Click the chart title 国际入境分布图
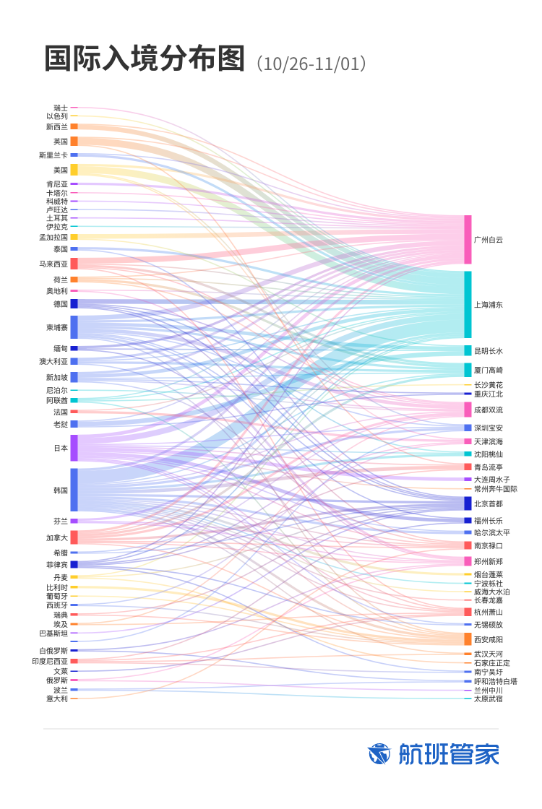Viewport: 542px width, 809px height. click(145, 59)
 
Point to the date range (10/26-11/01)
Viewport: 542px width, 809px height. click(312, 64)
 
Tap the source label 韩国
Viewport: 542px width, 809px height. click(61, 490)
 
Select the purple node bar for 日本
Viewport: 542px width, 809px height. click(74, 448)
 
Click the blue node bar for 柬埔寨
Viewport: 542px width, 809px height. click(74, 327)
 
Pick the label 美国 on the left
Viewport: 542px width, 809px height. click(61, 170)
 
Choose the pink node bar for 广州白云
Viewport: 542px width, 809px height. click(468, 239)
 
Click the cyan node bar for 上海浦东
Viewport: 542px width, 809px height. click(468, 304)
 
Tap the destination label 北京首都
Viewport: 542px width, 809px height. click(489, 503)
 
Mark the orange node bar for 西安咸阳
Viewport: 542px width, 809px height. click(468, 639)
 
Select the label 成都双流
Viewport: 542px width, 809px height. click(489, 410)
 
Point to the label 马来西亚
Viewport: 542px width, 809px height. click(54, 264)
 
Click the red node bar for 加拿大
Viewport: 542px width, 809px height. click(74, 537)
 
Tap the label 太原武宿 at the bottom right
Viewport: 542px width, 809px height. click(489, 698)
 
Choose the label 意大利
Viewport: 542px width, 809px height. click(57, 698)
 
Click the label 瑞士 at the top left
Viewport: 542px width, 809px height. click(61, 108)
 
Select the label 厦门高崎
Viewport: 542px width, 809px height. click(489, 370)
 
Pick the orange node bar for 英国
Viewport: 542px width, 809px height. click(74, 141)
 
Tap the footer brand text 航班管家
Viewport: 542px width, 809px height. click(449, 754)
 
